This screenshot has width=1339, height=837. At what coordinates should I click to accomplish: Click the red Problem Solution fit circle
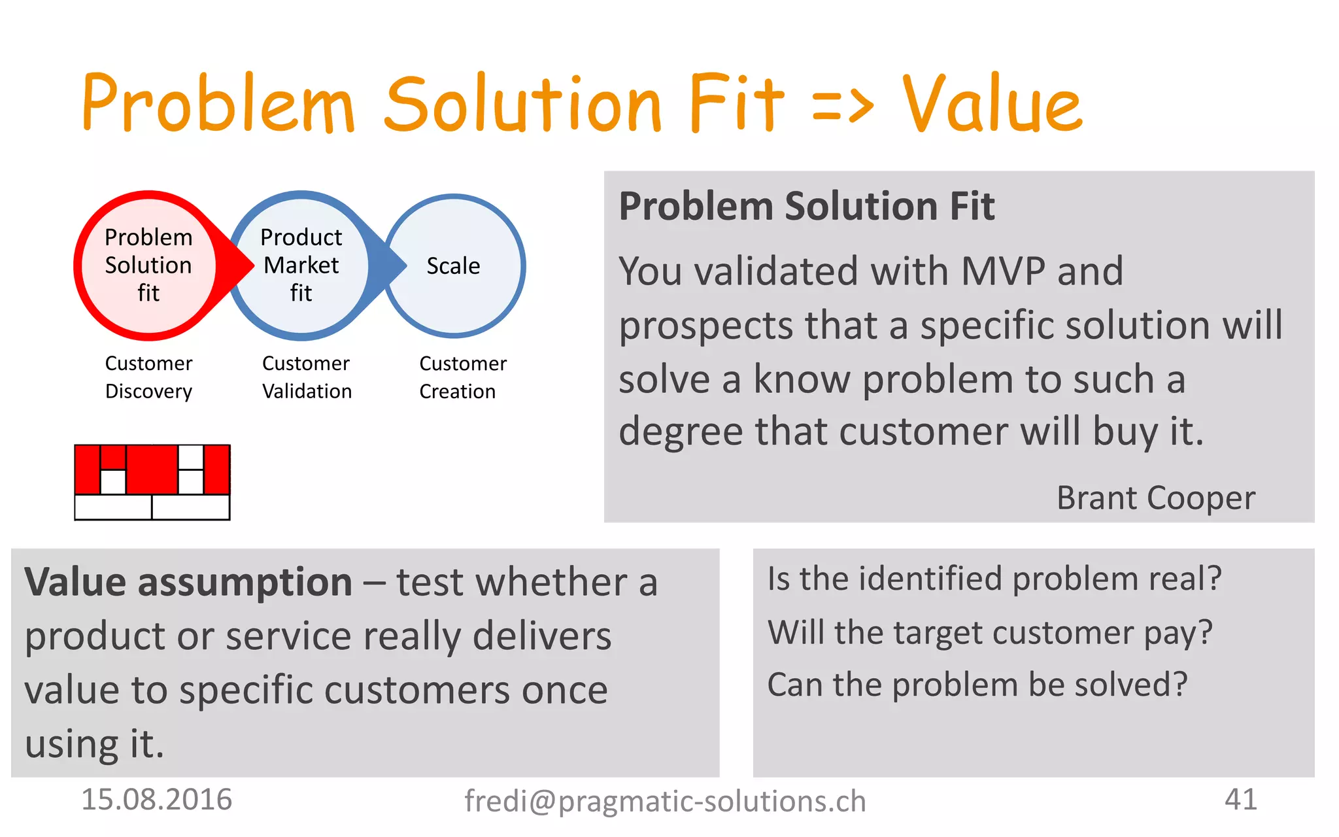click(x=148, y=265)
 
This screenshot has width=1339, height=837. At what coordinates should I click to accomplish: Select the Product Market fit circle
click(x=301, y=265)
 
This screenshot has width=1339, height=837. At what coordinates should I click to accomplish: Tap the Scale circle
click(x=454, y=265)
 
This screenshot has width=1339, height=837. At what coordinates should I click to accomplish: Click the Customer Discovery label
click(x=148, y=377)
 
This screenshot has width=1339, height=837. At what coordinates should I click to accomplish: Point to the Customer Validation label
click(x=307, y=377)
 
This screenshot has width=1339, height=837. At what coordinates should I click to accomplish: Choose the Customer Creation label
click(x=462, y=377)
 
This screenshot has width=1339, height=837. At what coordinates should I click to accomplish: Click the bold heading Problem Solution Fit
click(x=806, y=207)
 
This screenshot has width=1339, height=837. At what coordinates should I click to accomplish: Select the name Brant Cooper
click(x=1155, y=498)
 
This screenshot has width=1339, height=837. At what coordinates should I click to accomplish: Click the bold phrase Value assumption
click(x=188, y=582)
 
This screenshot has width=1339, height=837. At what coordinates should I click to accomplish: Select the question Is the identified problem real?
click(x=994, y=579)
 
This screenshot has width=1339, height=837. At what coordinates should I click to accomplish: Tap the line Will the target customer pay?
click(x=990, y=633)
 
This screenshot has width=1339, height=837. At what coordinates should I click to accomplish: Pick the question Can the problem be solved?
click(x=977, y=685)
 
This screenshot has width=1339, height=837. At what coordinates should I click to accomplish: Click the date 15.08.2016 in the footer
click(x=156, y=800)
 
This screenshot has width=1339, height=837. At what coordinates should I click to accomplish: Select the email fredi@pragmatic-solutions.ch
click(x=665, y=801)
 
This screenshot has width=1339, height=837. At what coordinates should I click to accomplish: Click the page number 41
click(x=1240, y=799)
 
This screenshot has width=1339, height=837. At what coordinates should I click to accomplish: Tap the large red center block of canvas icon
click(x=152, y=469)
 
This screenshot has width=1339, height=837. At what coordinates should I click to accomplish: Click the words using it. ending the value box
click(x=95, y=744)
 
